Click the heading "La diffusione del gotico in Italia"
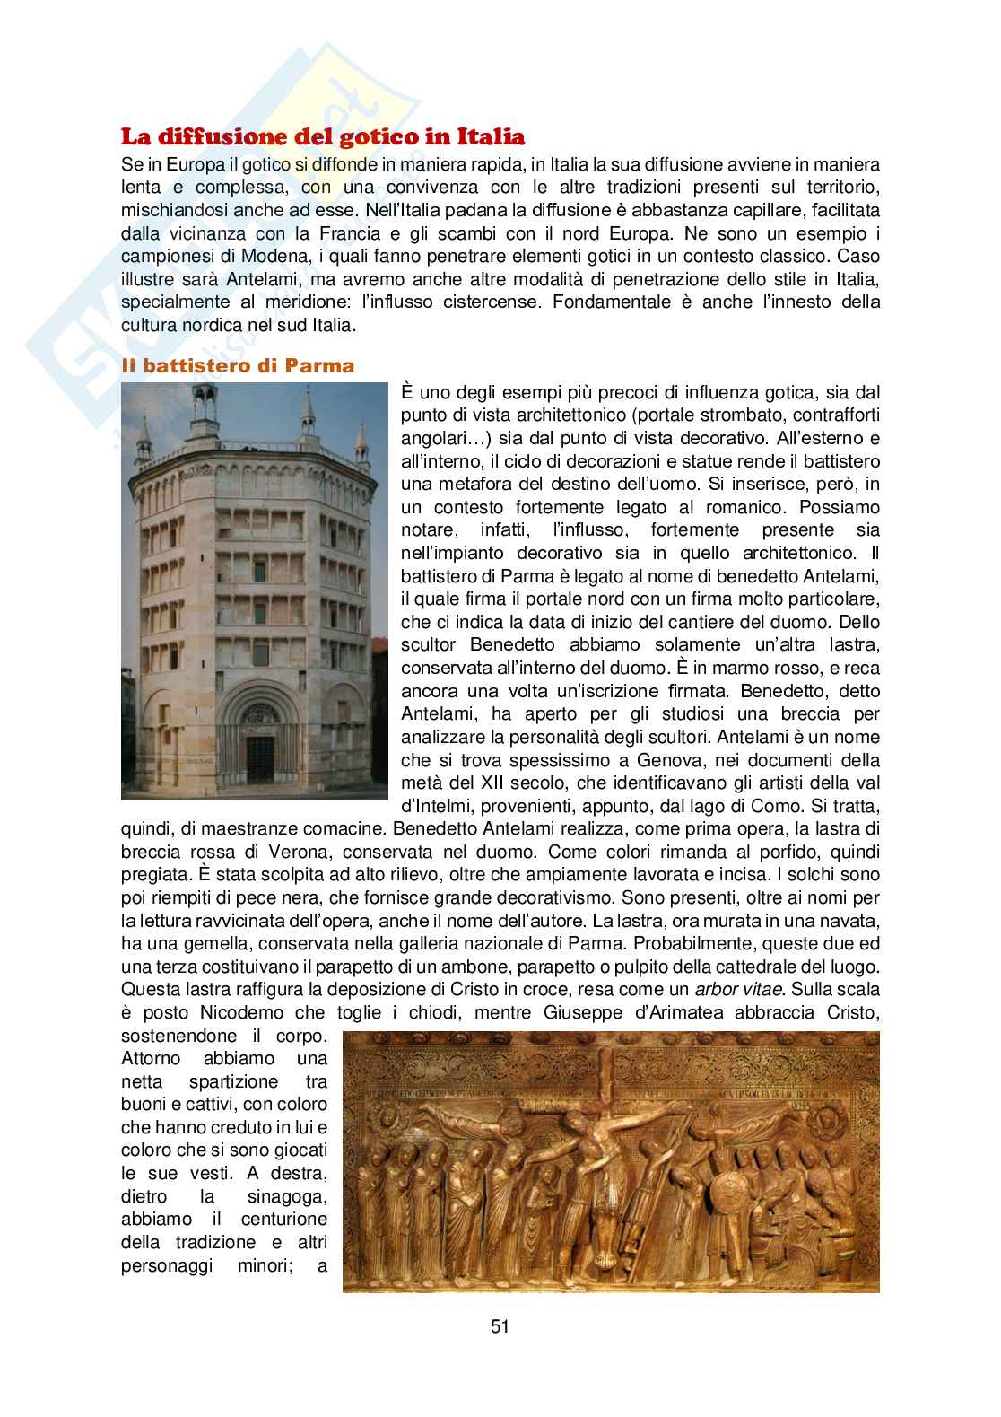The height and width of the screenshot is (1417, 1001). tap(323, 137)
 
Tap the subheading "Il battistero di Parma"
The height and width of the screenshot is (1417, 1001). tap(238, 365)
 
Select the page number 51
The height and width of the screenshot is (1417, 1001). tap(501, 1326)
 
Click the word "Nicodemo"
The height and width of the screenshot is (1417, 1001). tap(227, 1011)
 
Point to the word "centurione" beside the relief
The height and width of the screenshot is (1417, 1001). tap(284, 1219)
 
